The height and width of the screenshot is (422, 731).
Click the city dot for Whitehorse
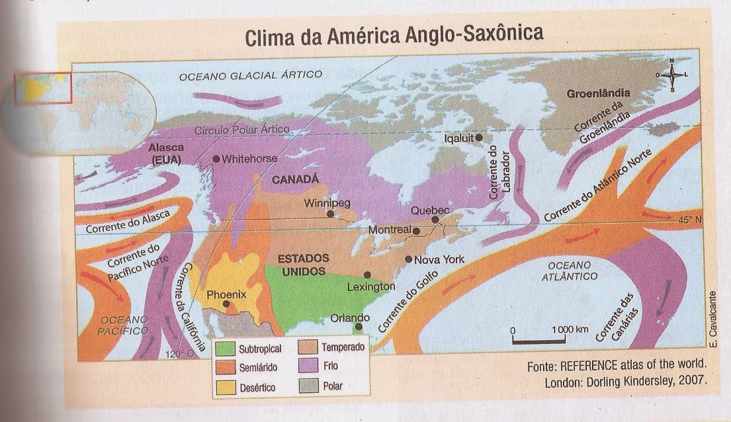pyautogui.click(x=216, y=159)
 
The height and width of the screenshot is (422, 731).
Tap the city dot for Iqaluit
pyautogui.click(x=478, y=137)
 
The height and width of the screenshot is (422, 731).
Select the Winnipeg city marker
pyautogui.click(x=329, y=214)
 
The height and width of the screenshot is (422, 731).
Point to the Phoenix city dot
pyautogui.click(x=226, y=304)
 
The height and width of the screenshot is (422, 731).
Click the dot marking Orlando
pyautogui.click(x=358, y=327)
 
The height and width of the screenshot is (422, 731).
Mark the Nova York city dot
pyautogui.click(x=409, y=259)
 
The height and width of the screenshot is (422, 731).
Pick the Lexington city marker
pyautogui.click(x=367, y=274)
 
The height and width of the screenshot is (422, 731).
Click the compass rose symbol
pyautogui.click(x=671, y=75)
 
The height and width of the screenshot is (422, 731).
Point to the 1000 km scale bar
pyautogui.click(x=538, y=341)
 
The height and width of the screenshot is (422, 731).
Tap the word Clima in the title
pyautogui.click(x=271, y=38)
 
